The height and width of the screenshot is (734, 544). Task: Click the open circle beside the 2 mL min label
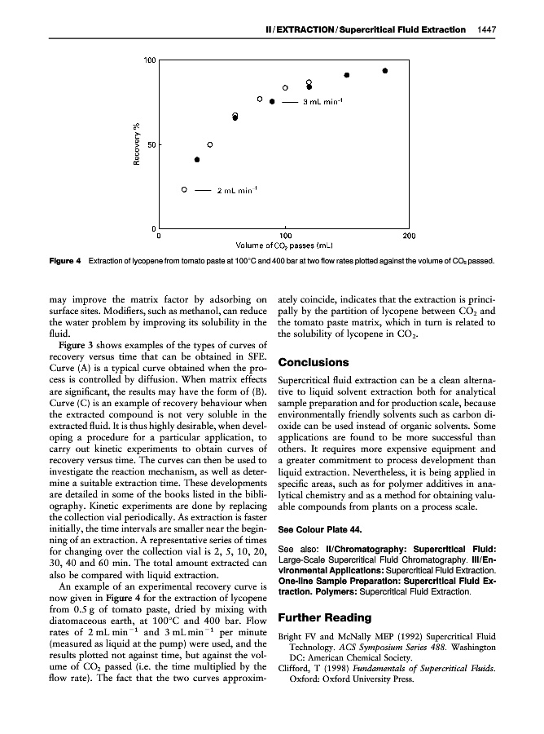(184, 189)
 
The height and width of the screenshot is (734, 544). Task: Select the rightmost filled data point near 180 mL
(385, 71)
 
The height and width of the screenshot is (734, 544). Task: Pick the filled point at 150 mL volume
(347, 75)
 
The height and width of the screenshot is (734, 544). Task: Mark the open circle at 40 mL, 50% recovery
(210, 144)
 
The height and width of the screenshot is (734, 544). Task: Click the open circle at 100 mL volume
(286, 87)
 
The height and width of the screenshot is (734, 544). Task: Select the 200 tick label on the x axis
(410, 236)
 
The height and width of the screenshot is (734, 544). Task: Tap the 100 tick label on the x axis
(284, 236)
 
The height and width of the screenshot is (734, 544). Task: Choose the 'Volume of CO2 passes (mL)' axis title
(284, 245)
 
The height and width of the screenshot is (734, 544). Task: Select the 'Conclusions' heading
(315, 362)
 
